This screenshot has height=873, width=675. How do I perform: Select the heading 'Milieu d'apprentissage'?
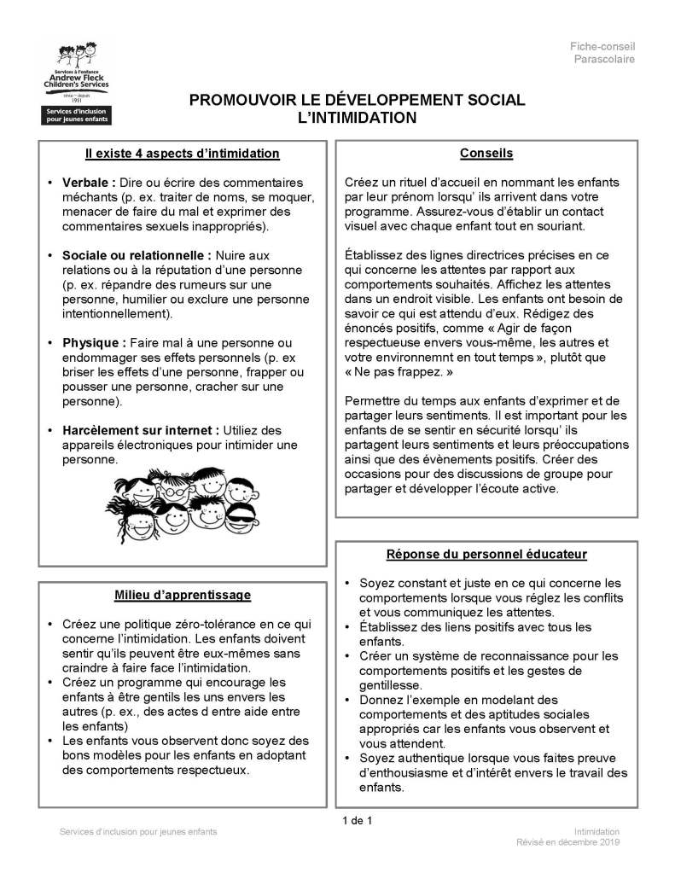pyautogui.click(x=183, y=594)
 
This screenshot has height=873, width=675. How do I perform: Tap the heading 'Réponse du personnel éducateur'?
pyautogui.click(x=486, y=555)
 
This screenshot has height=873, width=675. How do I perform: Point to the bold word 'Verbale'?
pyautogui.click(x=88, y=183)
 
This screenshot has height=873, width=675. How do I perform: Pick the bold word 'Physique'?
pyautogui.click(x=94, y=342)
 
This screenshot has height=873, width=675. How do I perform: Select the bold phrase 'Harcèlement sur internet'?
pyautogui.click(x=140, y=429)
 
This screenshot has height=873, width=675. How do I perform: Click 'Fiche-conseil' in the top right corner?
pyautogui.click(x=603, y=45)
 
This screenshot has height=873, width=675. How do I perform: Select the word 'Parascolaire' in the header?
pyautogui.click(x=603, y=59)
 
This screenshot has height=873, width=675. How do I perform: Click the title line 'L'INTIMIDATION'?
pyautogui.click(x=357, y=117)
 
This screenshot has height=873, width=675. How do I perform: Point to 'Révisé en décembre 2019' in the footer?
pyautogui.click(x=567, y=842)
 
